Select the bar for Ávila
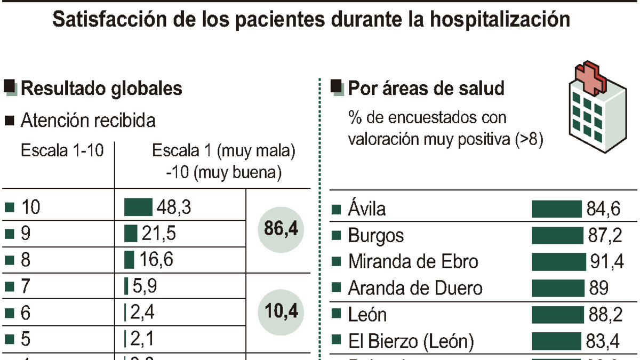[x=556, y=209]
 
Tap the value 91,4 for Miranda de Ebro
[x=605, y=262]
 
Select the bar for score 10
[x=138, y=207]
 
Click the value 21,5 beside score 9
[x=159, y=234]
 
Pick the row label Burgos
[x=375, y=236]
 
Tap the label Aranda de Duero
[x=415, y=289]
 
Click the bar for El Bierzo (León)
[x=556, y=341]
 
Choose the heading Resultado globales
[x=101, y=89]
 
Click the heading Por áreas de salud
[x=426, y=89]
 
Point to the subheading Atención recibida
[x=88, y=121]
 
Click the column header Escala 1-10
[x=59, y=151]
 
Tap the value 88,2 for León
[x=605, y=315]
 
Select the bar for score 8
[x=129, y=260]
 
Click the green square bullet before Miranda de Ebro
[x=336, y=262]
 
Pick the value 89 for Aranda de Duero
[x=598, y=289]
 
